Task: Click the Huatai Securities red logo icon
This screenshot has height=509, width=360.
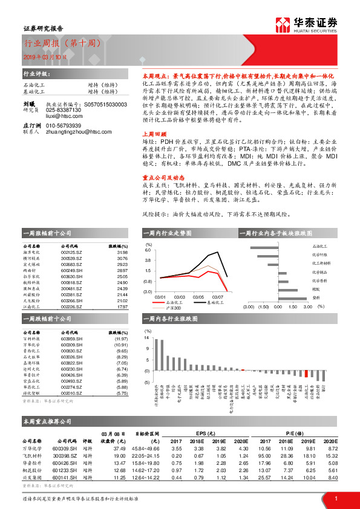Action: point(283,24)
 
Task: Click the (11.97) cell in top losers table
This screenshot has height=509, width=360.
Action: point(122,340)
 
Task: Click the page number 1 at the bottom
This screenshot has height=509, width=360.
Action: point(336,498)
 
